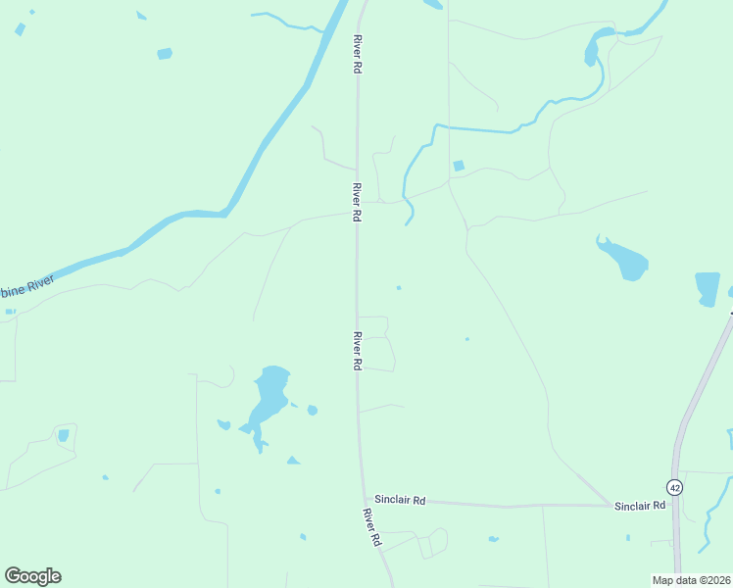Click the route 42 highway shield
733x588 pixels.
tap(674, 487)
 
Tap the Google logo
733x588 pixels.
tap(32, 576)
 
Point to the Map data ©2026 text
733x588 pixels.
tap(691, 580)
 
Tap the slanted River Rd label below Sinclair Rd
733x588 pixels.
tap(371, 527)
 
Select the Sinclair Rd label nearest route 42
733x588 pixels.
tap(640, 506)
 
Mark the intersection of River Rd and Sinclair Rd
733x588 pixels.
tap(361, 497)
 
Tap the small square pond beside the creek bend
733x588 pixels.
tap(459, 166)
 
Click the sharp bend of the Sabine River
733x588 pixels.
tap(229, 209)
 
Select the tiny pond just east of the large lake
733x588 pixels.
tap(312, 410)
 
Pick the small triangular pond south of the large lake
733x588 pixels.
tap(293, 460)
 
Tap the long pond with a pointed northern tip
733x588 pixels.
tap(623, 258)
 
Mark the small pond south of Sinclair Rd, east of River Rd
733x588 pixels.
tap(493, 538)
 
